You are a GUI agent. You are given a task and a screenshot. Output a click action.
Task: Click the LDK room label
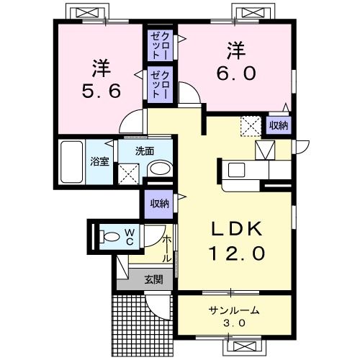236,229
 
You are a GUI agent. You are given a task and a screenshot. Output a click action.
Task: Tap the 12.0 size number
237,253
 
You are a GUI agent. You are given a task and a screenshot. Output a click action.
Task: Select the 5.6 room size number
101,91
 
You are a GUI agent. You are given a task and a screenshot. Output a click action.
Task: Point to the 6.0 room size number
236,73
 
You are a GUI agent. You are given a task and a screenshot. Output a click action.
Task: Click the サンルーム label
234,310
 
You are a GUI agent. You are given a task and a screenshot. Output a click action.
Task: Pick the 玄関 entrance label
153,279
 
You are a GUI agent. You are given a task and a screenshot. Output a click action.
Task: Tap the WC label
130,237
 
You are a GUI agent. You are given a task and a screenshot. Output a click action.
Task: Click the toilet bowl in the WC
109,237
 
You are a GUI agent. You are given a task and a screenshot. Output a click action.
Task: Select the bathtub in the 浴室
71,162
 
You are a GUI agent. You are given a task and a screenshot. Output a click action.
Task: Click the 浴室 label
99,161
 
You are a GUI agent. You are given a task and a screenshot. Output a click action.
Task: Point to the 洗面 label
145,151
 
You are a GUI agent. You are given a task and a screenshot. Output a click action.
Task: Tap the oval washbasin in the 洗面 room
161,168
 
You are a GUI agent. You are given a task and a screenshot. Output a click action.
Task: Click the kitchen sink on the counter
236,170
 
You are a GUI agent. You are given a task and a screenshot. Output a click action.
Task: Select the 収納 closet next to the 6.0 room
279,125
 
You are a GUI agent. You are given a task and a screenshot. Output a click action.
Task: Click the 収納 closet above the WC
159,204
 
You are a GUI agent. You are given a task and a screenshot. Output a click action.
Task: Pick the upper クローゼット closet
160,45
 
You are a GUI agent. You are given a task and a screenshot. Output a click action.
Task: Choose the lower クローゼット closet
160,85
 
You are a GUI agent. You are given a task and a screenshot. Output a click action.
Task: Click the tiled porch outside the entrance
143,325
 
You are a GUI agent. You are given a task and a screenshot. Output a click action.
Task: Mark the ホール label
167,249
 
